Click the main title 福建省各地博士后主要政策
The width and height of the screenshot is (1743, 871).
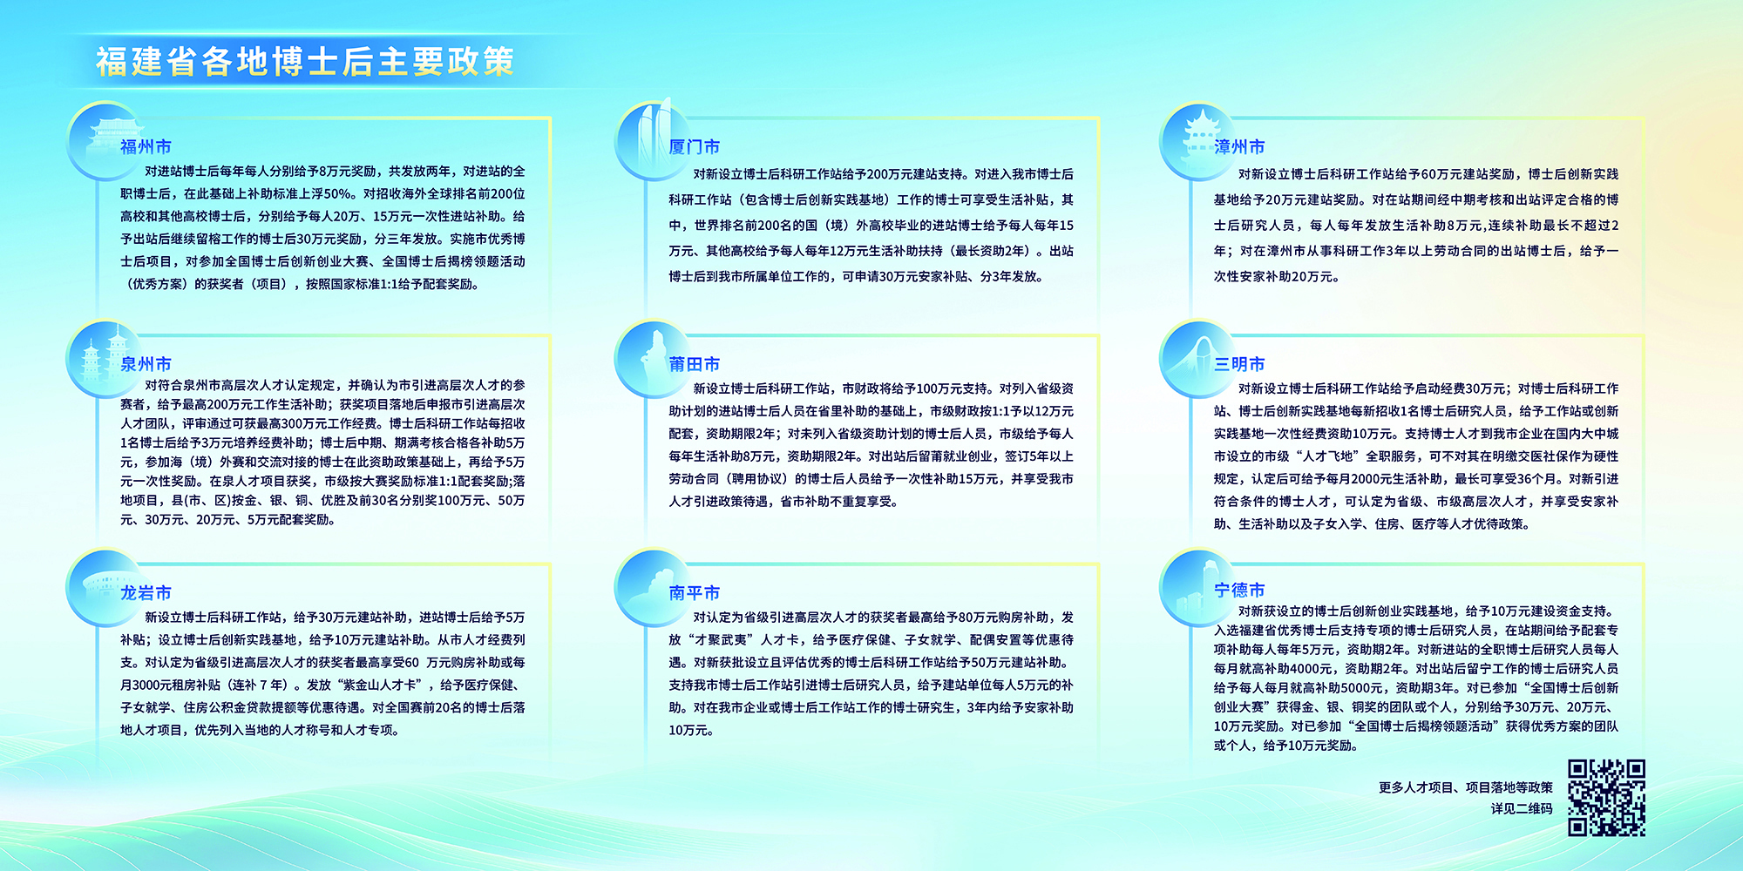[305, 62]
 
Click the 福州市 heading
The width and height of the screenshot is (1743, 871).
[146, 146]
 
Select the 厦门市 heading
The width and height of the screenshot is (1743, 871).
[695, 146]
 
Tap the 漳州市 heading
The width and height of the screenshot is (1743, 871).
[1239, 146]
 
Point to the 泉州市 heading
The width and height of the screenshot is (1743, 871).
[146, 364]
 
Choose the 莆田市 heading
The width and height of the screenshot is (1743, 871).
[695, 364]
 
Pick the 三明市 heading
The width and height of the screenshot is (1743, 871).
[1239, 364]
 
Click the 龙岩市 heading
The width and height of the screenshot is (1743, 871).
[146, 592]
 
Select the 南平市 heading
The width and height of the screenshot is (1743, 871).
[695, 592]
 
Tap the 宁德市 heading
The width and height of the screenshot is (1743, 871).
[1239, 590]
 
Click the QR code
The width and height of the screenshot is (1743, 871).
[1606, 798]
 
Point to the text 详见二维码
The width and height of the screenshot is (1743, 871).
[1522, 808]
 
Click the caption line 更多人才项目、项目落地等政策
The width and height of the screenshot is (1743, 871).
[1466, 787]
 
